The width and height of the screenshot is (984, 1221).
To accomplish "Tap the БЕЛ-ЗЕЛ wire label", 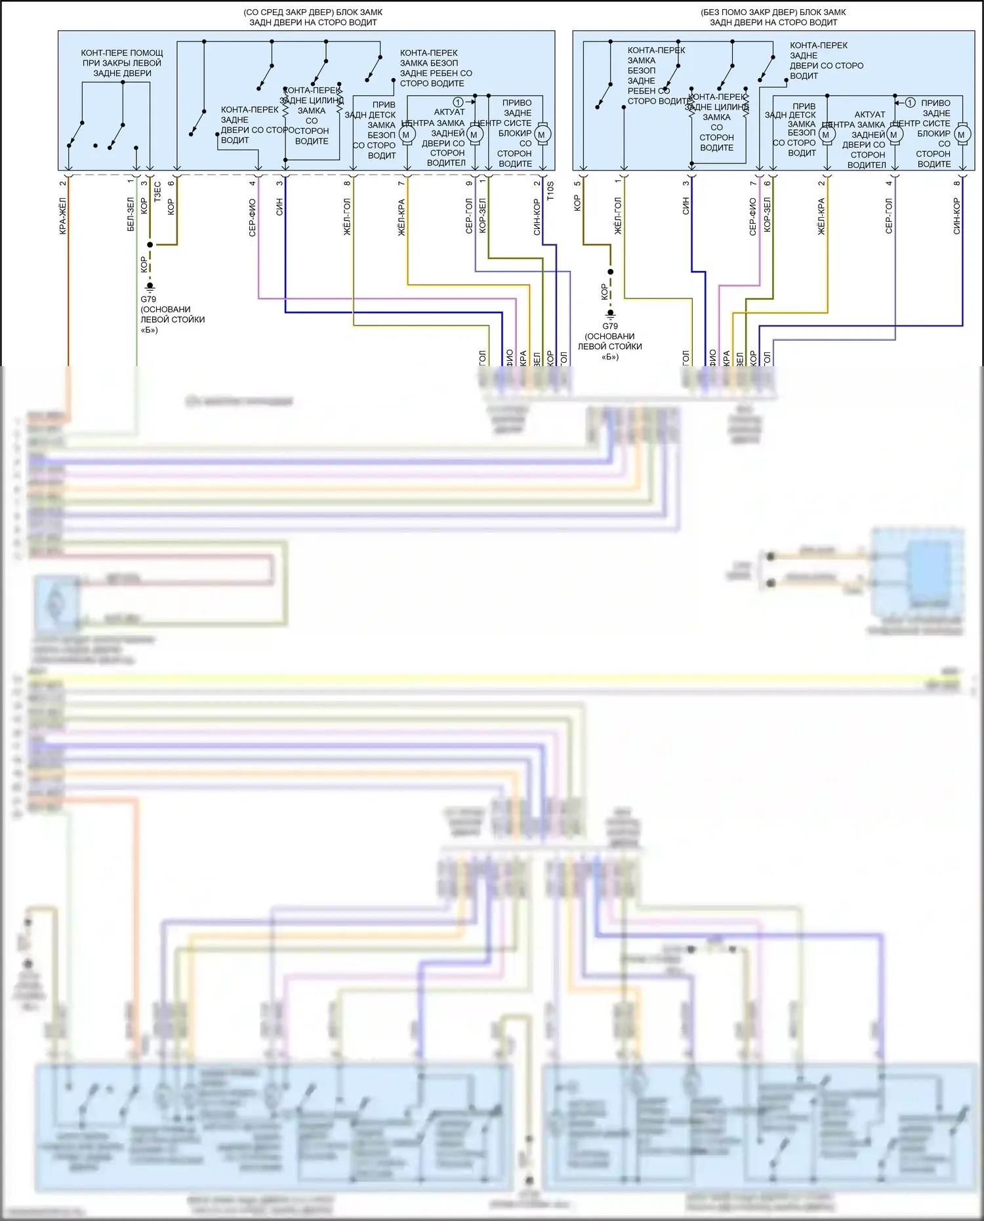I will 131,214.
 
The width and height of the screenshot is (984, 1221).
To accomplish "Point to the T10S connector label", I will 550,191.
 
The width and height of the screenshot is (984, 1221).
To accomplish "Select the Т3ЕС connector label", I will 157,192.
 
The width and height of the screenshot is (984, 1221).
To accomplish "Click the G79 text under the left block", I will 148,299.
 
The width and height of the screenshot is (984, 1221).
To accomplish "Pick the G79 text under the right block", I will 610,326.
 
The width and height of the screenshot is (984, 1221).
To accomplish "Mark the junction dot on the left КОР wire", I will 150,245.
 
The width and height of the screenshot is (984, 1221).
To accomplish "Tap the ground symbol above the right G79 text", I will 610,314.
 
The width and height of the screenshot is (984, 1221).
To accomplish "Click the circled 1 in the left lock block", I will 458,102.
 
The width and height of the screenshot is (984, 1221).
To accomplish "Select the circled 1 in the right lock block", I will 910,102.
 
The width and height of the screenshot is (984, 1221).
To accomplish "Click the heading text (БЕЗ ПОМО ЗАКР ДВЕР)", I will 773,12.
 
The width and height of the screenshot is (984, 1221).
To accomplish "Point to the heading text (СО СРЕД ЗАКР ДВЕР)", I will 313,12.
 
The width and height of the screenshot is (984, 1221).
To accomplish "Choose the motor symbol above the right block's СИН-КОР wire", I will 961,135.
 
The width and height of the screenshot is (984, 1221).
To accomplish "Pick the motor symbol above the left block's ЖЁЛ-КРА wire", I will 406,135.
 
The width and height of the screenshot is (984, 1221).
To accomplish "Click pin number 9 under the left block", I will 469,183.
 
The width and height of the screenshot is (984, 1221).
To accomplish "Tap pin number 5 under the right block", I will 577,183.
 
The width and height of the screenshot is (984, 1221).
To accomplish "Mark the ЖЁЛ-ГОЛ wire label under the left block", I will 347,217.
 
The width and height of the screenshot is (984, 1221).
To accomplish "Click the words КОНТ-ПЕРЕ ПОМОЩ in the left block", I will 122,53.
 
